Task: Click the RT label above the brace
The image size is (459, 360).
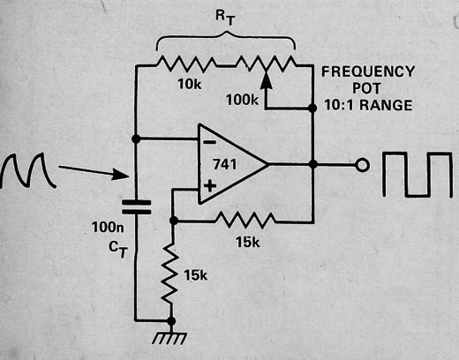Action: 225,18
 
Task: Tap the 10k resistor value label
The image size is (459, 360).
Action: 190,85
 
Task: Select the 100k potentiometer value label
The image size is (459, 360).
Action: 242,100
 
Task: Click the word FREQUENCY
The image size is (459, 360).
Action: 368,71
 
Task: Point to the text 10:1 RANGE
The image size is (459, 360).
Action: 368,105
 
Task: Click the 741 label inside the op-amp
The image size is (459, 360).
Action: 225,164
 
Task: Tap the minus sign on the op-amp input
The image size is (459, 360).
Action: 209,143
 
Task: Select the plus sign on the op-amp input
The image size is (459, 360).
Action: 210,186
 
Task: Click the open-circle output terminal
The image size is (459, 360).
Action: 362,165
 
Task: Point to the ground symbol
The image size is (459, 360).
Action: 170,338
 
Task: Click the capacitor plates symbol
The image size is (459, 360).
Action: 136,207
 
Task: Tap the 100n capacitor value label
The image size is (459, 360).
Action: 108,228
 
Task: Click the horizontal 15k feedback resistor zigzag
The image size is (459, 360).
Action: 245,221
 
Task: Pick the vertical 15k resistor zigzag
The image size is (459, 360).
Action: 170,274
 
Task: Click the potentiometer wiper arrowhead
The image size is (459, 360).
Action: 266,80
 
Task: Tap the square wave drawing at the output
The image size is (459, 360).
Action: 418,175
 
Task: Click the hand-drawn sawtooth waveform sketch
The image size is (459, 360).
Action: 28,171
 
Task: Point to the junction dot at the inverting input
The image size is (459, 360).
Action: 136,139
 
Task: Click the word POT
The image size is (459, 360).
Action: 366,88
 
